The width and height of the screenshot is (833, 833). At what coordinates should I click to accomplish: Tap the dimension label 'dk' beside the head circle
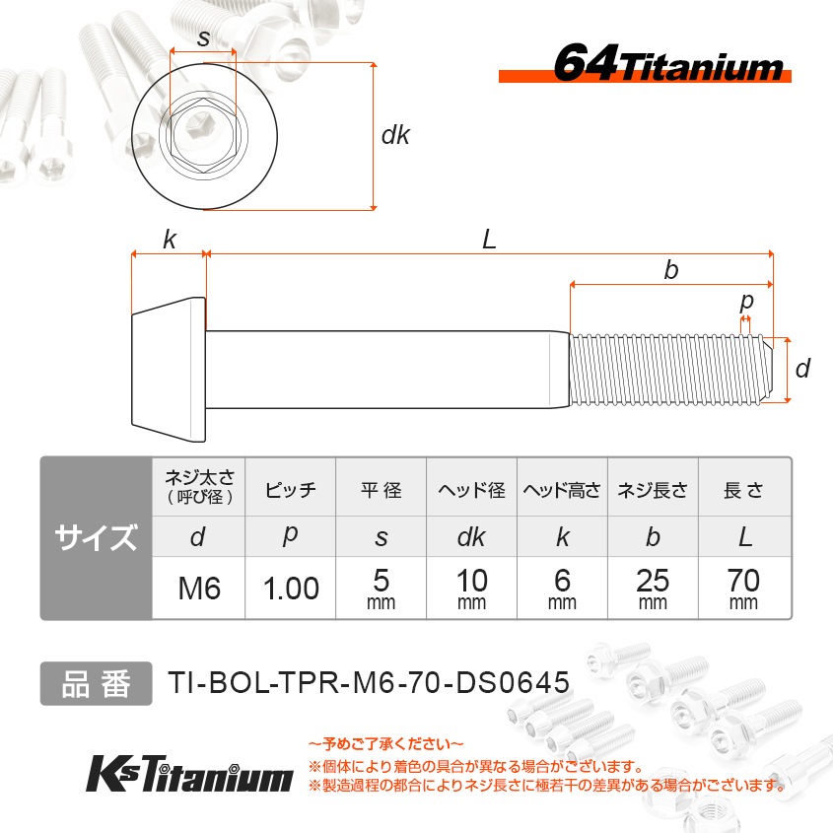click(395, 136)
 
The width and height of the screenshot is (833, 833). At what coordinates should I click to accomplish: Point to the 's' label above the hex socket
click(203, 38)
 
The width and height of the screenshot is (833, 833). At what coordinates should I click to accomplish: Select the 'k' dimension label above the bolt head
click(170, 240)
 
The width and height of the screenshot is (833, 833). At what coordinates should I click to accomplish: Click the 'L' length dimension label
click(489, 239)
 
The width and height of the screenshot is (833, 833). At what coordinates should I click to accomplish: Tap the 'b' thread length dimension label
click(671, 270)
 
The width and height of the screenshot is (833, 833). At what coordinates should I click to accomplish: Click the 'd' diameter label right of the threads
click(802, 369)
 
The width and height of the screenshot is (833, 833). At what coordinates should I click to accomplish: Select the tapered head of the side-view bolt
click(169, 369)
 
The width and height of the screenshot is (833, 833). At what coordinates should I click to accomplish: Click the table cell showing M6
click(198, 589)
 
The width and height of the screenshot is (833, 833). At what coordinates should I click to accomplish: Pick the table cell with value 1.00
click(291, 589)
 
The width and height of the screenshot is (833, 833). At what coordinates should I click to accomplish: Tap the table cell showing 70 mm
click(744, 589)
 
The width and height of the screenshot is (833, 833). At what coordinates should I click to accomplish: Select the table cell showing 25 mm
click(653, 589)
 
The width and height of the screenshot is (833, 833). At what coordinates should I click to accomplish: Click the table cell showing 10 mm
click(471, 589)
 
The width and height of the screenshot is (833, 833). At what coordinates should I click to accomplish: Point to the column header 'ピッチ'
click(291, 490)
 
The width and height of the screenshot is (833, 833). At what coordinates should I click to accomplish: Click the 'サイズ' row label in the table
click(96, 538)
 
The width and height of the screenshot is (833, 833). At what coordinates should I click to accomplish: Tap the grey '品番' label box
click(96, 683)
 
